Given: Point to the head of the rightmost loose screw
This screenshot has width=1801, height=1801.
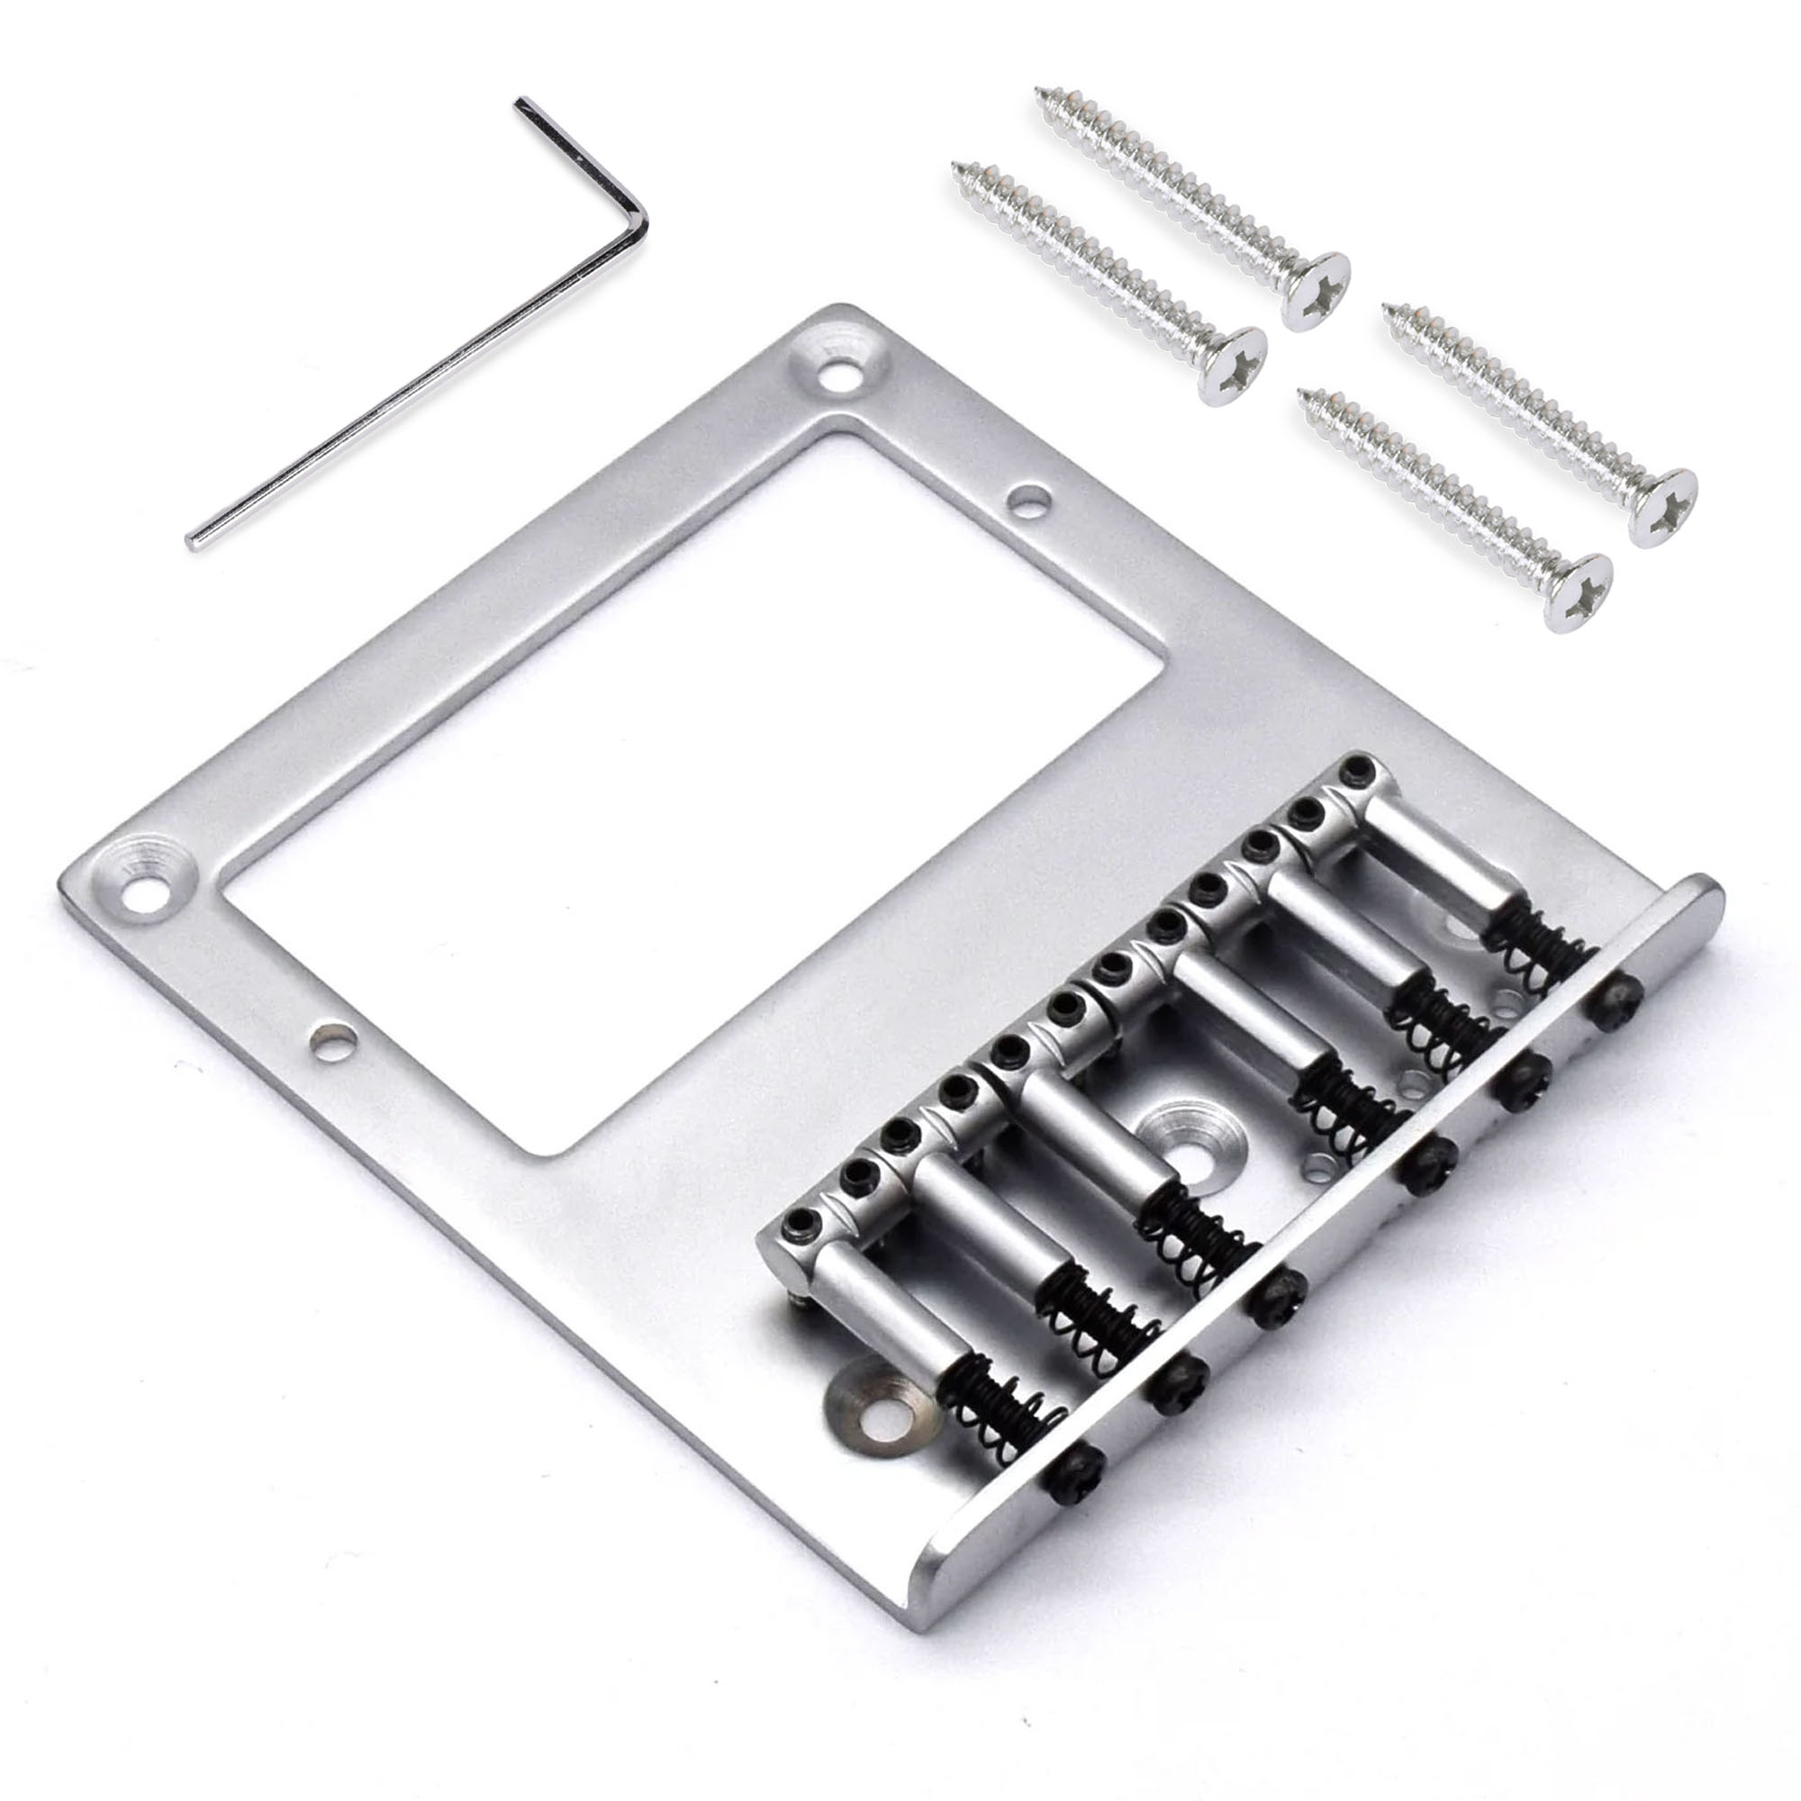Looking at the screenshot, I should [x=1662, y=508].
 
